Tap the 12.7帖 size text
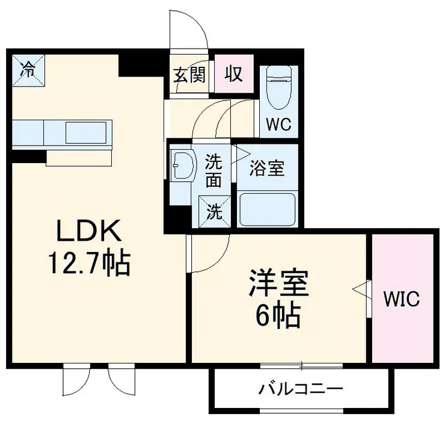click(90, 262)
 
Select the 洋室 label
click(279, 284)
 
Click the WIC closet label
click(402, 299)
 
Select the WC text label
click(279, 125)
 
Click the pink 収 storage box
click(234, 74)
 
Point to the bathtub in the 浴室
click(268, 209)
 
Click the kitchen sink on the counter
click(88, 132)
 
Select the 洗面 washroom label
click(213, 170)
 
